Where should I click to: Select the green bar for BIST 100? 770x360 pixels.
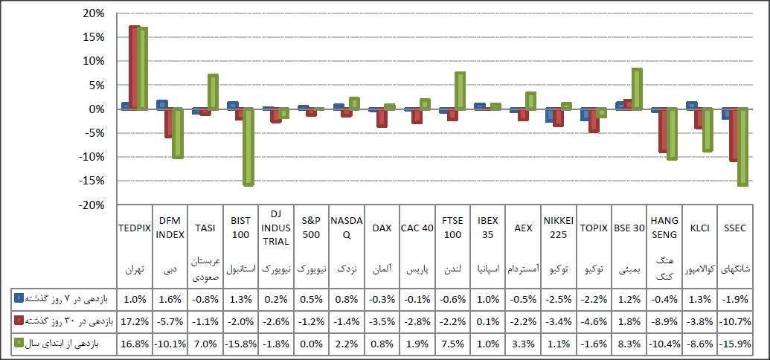pyautogui.click(x=248, y=147)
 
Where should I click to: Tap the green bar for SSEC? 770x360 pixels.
pyautogui.click(x=742, y=147)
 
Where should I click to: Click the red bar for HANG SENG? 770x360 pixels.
pyautogui.click(x=663, y=130)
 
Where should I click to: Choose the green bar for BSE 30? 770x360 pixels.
pyautogui.click(x=637, y=89)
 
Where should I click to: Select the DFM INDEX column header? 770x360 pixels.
pyautogui.click(x=170, y=228)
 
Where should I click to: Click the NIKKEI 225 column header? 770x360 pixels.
pyautogui.click(x=558, y=228)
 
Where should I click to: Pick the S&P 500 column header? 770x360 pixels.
pyautogui.click(x=311, y=228)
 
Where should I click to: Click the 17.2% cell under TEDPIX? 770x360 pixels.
pyautogui.click(x=135, y=321)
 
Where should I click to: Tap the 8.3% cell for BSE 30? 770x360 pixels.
pyautogui.click(x=629, y=344)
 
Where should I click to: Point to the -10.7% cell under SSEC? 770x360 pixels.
pyautogui.click(x=734, y=321)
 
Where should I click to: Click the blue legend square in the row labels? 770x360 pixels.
pyautogui.click(x=19, y=298)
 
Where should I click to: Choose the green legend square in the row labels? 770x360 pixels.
pyautogui.click(x=19, y=344)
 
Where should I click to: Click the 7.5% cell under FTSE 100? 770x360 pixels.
pyautogui.click(x=452, y=344)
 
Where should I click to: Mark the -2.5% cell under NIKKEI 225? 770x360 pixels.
pyautogui.click(x=558, y=298)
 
